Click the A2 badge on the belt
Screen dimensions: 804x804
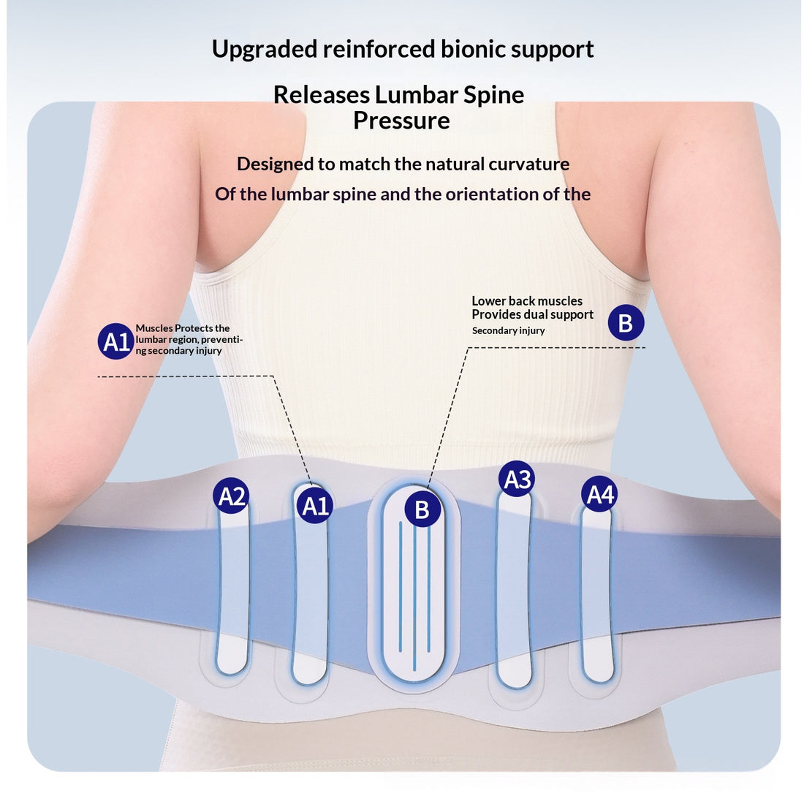(231, 496)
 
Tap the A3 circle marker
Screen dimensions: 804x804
(516, 479)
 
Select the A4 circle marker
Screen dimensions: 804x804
(599, 494)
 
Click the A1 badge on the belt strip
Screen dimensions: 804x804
(315, 506)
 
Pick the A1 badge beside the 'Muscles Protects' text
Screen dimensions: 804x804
(116, 341)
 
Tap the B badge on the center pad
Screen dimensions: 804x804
(422, 509)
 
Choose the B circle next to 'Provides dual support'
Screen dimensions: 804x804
(626, 322)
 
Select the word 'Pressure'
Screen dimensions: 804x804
(401, 121)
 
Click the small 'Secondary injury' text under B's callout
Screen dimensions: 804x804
(508, 330)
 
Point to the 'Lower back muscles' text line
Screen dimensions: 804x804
(527, 301)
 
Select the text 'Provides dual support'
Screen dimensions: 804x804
(532, 314)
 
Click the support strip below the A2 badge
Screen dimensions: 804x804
(232, 590)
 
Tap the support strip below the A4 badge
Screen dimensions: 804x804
(597, 595)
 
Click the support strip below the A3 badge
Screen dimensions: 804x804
(514, 590)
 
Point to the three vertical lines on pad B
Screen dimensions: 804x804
(414, 595)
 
